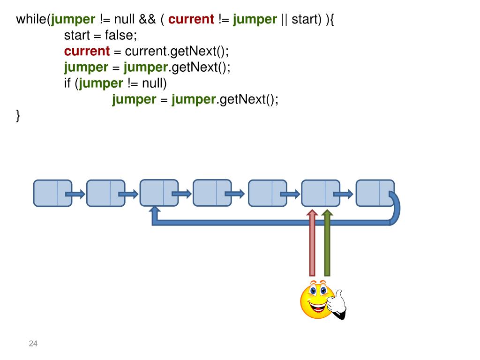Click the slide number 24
click(x=33, y=344)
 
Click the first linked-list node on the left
click(x=52, y=193)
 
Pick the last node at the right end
click(x=375, y=193)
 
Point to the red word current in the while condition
click(x=191, y=20)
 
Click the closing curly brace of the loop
click(x=18, y=115)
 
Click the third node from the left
click(x=159, y=193)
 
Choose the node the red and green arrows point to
click(x=320, y=193)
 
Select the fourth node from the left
click(x=212, y=193)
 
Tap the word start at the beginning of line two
click(x=77, y=36)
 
